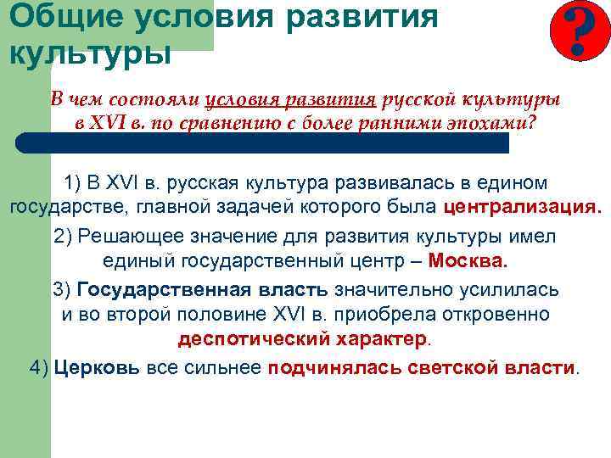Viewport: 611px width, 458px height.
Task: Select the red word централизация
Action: coord(520,207)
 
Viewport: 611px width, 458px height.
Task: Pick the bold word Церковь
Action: coord(98,367)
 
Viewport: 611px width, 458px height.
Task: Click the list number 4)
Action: coord(39,367)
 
